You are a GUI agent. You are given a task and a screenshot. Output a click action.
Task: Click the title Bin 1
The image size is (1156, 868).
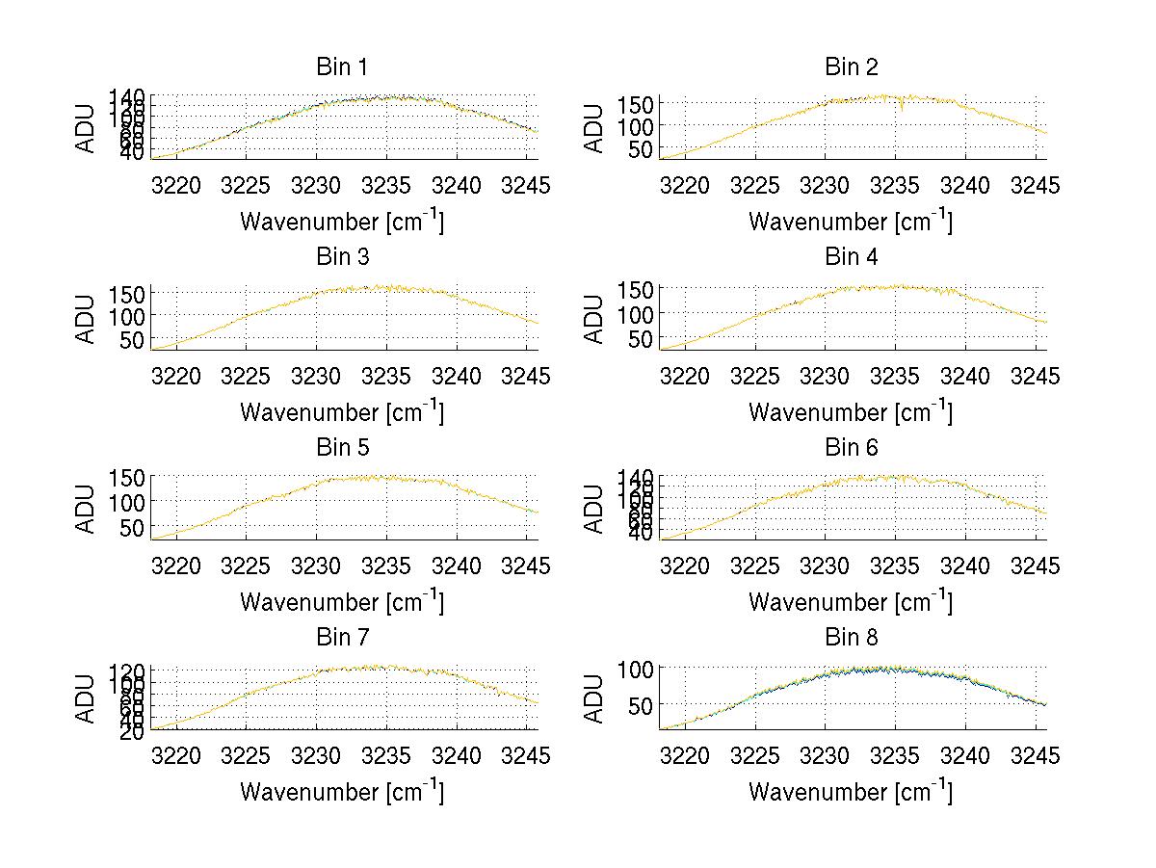(342, 66)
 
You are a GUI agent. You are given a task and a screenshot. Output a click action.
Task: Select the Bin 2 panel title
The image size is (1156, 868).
(851, 66)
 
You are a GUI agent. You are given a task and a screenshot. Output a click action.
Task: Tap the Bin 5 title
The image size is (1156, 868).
(342, 447)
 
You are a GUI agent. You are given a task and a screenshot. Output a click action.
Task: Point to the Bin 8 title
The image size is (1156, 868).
(851, 637)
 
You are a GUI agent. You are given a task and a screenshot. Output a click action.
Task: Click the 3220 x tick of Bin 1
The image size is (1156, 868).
(176, 185)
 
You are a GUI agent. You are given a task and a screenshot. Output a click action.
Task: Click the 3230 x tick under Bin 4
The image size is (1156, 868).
(825, 375)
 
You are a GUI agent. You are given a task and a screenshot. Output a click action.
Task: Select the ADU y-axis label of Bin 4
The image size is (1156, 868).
(594, 319)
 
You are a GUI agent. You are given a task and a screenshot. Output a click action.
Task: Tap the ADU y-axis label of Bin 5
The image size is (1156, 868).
(86, 509)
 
